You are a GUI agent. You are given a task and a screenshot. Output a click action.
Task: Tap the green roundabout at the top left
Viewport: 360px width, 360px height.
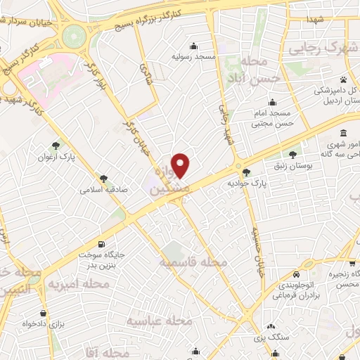click(x=72, y=35)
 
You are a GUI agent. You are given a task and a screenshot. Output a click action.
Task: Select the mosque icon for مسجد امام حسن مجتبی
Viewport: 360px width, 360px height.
click(x=273, y=103)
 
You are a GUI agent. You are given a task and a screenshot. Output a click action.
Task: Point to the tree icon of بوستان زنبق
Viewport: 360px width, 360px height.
click(x=292, y=154)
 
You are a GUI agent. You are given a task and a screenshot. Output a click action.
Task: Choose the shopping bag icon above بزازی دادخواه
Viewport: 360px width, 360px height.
click(x=44, y=313)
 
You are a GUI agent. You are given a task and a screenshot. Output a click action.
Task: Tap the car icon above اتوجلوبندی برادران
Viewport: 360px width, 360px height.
click(x=297, y=274)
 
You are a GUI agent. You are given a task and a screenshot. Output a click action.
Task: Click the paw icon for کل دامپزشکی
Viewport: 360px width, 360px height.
click(x=343, y=79)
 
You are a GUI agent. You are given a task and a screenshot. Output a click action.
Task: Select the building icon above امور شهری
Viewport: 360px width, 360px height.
click(x=342, y=134)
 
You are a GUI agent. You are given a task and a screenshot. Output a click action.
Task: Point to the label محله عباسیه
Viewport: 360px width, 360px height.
click(x=160, y=321)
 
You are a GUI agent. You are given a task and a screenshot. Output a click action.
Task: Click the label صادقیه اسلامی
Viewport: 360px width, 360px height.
click(x=102, y=190)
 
